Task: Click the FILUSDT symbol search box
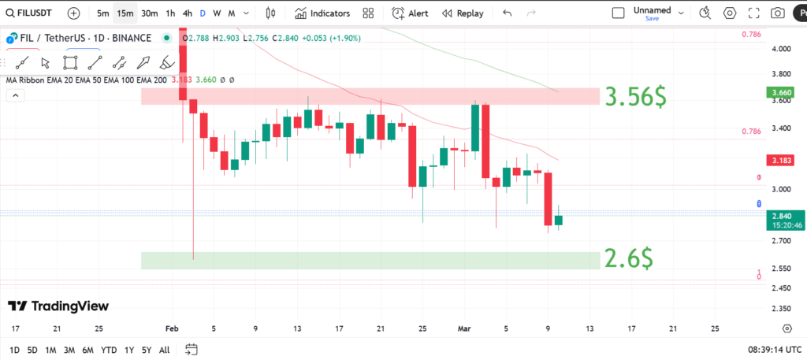pyautogui.click(x=32, y=13)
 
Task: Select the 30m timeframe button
pyautogui.click(x=150, y=13)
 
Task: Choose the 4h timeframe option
pyautogui.click(x=187, y=13)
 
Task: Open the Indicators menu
pyautogui.click(x=322, y=13)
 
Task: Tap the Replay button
pyautogui.click(x=463, y=13)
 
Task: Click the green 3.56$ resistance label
pyautogui.click(x=634, y=97)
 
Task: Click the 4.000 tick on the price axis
pyautogui.click(x=781, y=49)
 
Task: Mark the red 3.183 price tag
pyautogui.click(x=781, y=161)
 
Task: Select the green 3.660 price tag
pyautogui.click(x=781, y=92)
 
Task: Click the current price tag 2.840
pyautogui.click(x=781, y=216)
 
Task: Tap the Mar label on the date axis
pyautogui.click(x=464, y=328)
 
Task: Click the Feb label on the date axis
pyautogui.click(x=173, y=328)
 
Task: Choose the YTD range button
pyautogui.click(x=110, y=350)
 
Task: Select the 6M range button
pyautogui.click(x=88, y=350)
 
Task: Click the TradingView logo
pyautogui.click(x=58, y=306)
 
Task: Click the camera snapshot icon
pyautogui.click(x=778, y=13)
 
